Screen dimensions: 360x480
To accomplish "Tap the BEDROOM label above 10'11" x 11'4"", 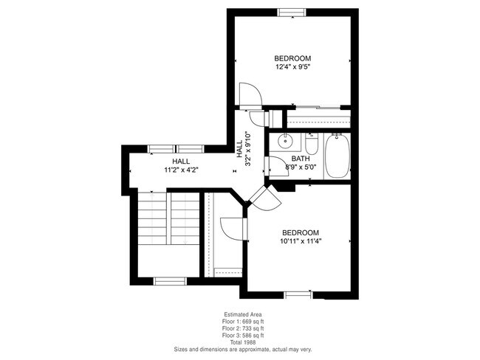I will point(301,230).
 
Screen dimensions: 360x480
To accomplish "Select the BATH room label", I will point(300,159).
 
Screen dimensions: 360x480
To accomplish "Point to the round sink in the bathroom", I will point(283,142).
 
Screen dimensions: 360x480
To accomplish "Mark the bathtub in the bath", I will point(339,156).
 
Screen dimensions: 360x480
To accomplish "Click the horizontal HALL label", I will point(181,161).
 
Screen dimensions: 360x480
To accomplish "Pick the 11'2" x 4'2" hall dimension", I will point(181,170).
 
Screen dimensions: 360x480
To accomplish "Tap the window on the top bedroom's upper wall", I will point(292,12).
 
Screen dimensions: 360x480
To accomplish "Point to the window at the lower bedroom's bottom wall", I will point(298,294).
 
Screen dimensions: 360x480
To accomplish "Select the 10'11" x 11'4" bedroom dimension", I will point(301,240).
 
